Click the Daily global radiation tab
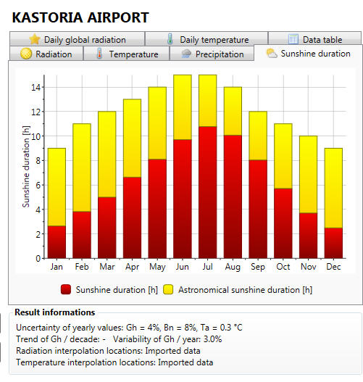tap(78, 39)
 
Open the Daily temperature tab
tap(206, 39)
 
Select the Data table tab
tap(314, 38)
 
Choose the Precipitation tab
tap(212, 54)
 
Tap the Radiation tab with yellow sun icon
tap(46, 54)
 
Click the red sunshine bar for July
tap(207, 192)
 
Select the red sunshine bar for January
tap(57, 242)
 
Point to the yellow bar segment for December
tap(333, 188)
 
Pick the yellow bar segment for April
tap(132, 138)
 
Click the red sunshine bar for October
tap(283, 223)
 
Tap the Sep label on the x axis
tap(258, 267)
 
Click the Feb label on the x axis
tap(82, 267)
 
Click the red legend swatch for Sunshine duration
tap(66, 289)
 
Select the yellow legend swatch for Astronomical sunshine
tap(168, 289)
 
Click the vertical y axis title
tap(26, 167)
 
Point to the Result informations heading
tap(55, 312)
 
